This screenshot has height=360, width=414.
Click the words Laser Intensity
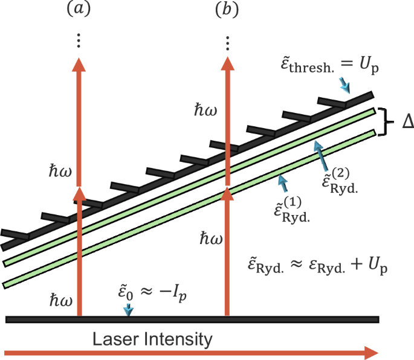153,339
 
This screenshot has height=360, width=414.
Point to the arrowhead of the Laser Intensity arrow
370,352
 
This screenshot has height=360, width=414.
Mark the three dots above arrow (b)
228,42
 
